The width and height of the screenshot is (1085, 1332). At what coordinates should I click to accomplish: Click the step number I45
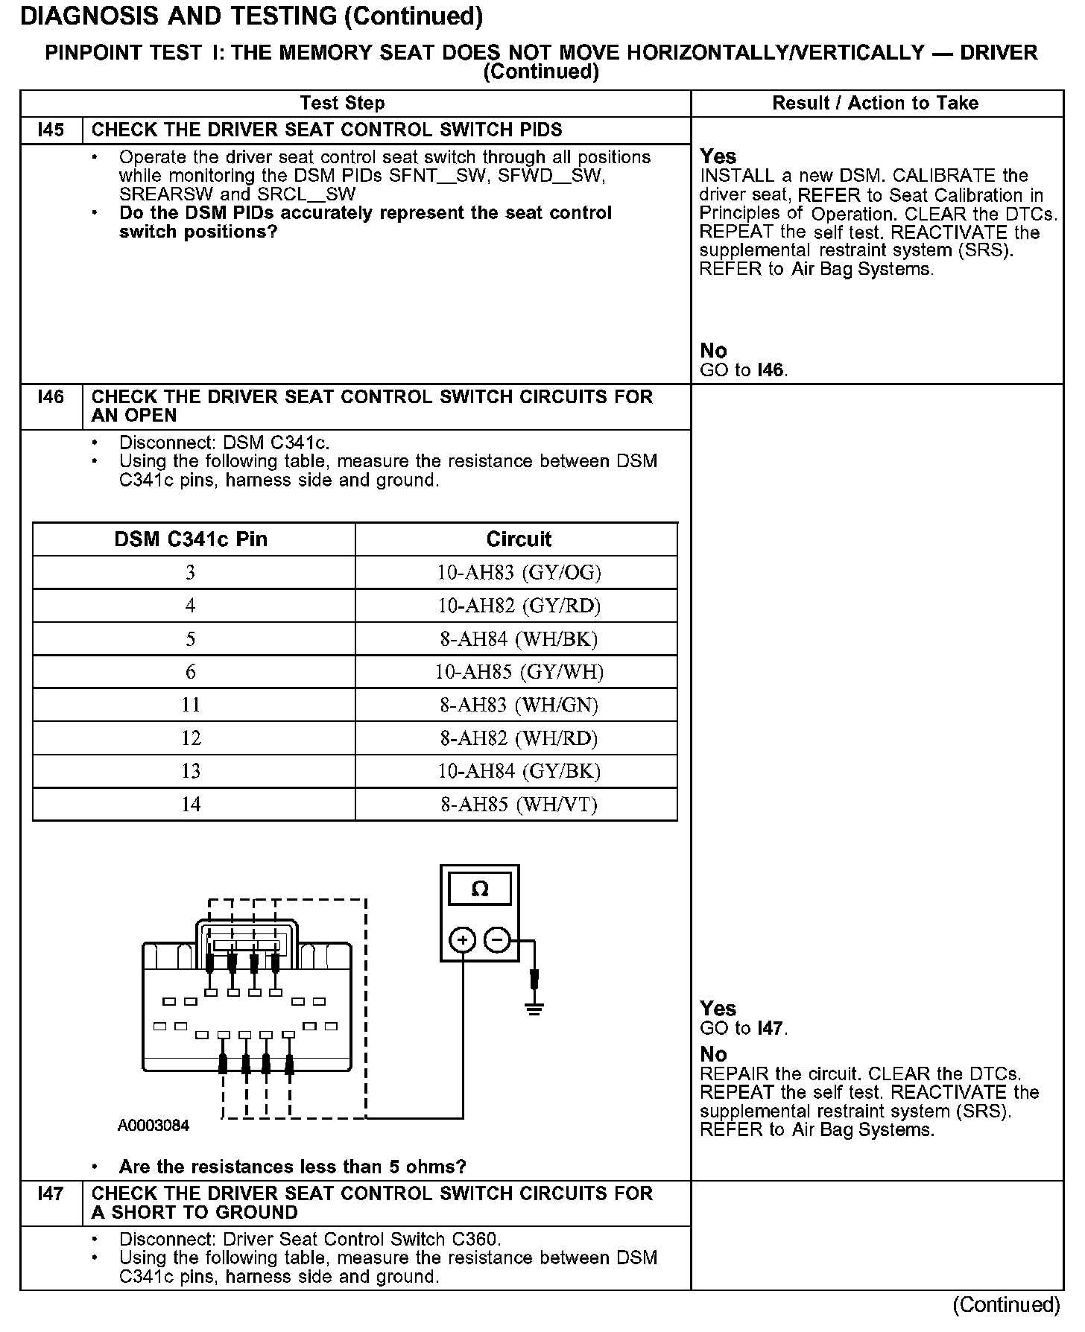tap(51, 130)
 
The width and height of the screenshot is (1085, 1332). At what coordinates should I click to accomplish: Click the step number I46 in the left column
tap(51, 397)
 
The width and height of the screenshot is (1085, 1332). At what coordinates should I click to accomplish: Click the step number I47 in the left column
tap(51, 1194)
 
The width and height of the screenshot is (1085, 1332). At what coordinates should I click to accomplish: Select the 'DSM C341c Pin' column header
tap(191, 539)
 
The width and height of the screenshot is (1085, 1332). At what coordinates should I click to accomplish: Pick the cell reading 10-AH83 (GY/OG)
tap(519, 573)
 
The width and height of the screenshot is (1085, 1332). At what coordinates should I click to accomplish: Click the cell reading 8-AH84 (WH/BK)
tap(519, 639)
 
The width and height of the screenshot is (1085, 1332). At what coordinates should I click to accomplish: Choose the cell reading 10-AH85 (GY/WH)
tap(519, 672)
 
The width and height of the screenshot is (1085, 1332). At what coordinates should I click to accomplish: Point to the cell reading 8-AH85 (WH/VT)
tap(519, 805)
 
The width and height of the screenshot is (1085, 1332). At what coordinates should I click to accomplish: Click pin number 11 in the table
tap(191, 705)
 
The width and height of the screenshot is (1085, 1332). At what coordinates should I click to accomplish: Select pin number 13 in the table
tap(191, 771)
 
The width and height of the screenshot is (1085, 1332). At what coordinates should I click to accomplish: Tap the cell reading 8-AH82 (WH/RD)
tap(519, 738)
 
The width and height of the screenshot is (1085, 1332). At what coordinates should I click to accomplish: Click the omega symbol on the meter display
tap(481, 889)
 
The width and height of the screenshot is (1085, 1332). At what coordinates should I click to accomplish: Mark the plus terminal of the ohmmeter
tap(463, 941)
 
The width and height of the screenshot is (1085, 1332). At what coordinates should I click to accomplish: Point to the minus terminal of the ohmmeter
tap(497, 941)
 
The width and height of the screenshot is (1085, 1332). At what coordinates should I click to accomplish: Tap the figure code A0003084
tap(154, 1126)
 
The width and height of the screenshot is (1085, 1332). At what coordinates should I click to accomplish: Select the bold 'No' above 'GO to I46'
tap(713, 351)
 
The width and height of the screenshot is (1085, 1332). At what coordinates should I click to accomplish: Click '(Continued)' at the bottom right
tap(1005, 1304)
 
